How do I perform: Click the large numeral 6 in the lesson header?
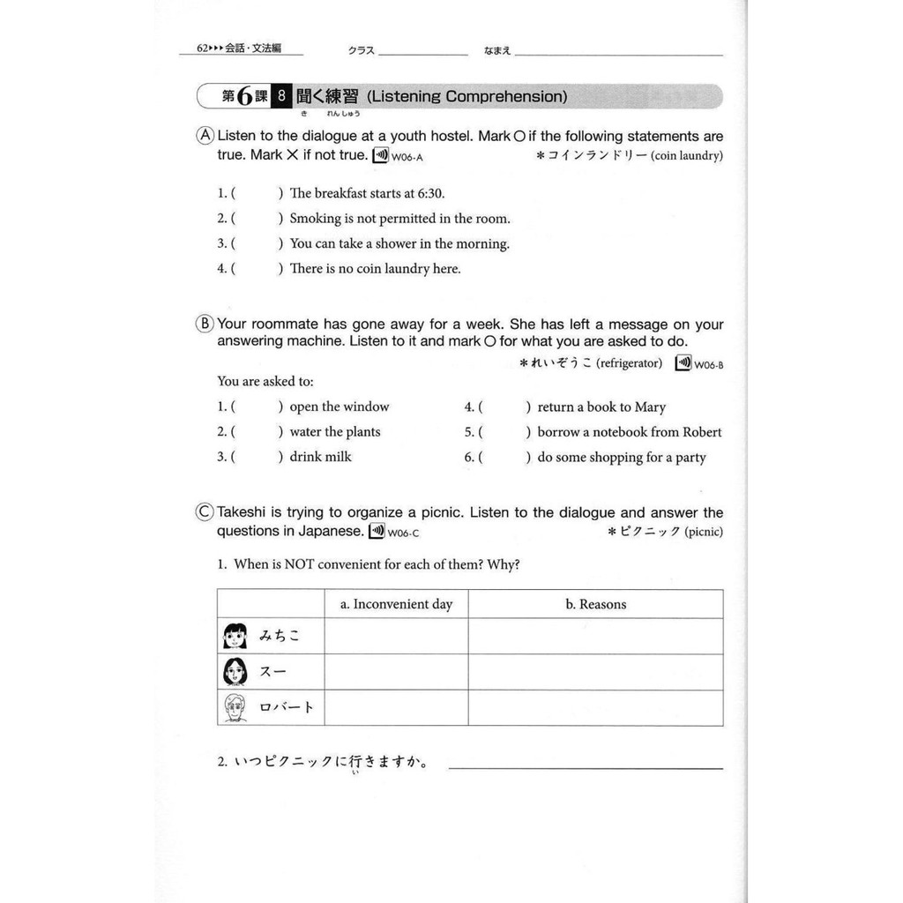pyautogui.click(x=245, y=97)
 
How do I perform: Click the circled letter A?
pyautogui.click(x=205, y=137)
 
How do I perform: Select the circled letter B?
pyautogui.click(x=205, y=325)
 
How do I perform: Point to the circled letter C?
pyautogui.click(x=205, y=513)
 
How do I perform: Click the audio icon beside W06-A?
pyautogui.click(x=380, y=156)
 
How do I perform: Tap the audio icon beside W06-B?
pyautogui.click(x=683, y=362)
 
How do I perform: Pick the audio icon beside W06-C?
pyautogui.click(x=377, y=532)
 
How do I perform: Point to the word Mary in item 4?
pyautogui.click(x=650, y=407)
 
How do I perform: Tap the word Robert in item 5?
pyautogui.click(x=702, y=432)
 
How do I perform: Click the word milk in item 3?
pyautogui.click(x=339, y=457)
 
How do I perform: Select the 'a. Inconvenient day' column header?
pyautogui.click(x=396, y=604)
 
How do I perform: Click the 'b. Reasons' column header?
pyautogui.click(x=595, y=604)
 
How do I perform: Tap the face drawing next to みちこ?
pyautogui.click(x=235, y=636)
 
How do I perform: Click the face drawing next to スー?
pyautogui.click(x=235, y=672)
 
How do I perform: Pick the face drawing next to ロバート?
pyautogui.click(x=235, y=707)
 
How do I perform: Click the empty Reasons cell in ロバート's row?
pyautogui.click(x=595, y=707)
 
